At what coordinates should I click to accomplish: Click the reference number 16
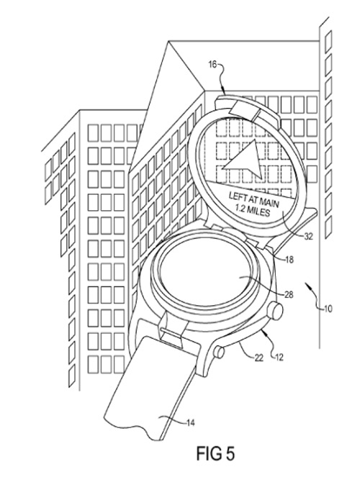pos(212,65)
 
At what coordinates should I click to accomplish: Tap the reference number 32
pos(309,236)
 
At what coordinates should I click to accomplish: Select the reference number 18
pos(289,260)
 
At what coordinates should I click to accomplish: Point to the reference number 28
pos(289,294)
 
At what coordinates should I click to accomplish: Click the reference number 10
pos(328,309)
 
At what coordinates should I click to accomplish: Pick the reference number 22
pos(258,358)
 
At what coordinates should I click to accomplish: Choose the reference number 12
pos(279,357)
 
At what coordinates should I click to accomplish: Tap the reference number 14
pos(190,422)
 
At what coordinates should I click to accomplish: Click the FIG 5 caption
pos(215,453)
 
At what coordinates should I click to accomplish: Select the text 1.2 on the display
pos(240,207)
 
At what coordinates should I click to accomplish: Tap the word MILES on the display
pos(258,212)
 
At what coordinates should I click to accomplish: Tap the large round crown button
pos(275,311)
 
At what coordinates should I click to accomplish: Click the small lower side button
pos(219,353)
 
